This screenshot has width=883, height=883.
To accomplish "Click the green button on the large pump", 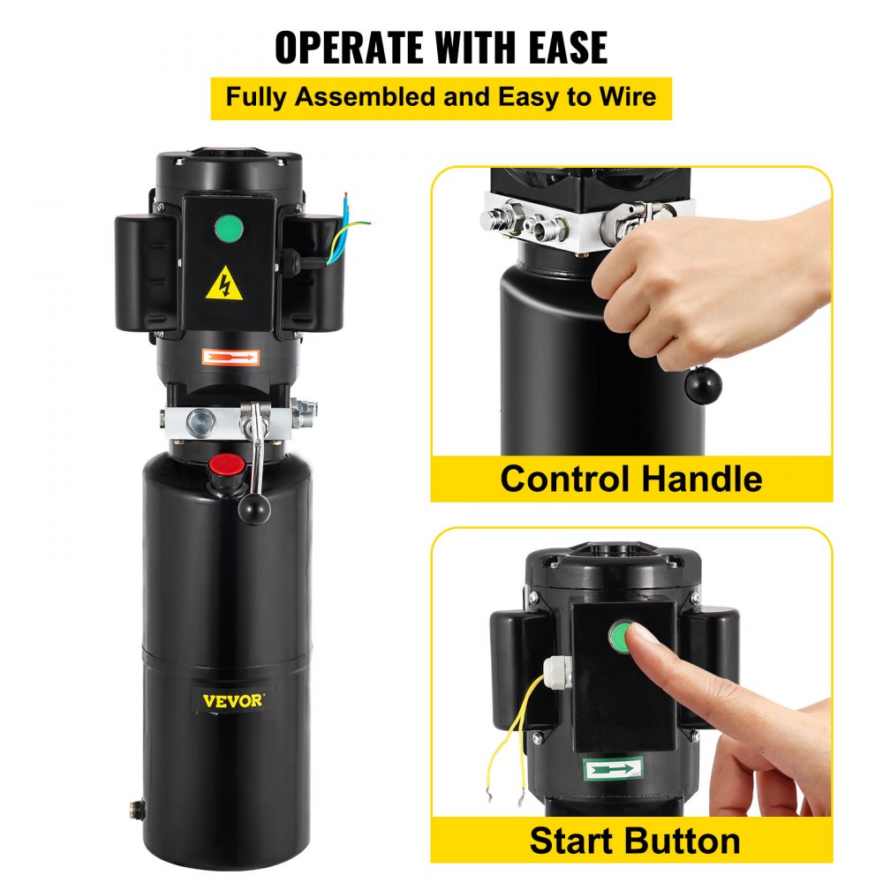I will (x=229, y=232).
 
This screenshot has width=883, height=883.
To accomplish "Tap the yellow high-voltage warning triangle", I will (x=224, y=284).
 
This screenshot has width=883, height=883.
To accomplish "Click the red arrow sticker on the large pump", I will (x=230, y=358).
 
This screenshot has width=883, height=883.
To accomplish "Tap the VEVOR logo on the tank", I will (x=232, y=701).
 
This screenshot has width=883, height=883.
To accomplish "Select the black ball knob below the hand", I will (x=704, y=385).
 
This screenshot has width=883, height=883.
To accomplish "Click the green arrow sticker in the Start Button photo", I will (x=614, y=768).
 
